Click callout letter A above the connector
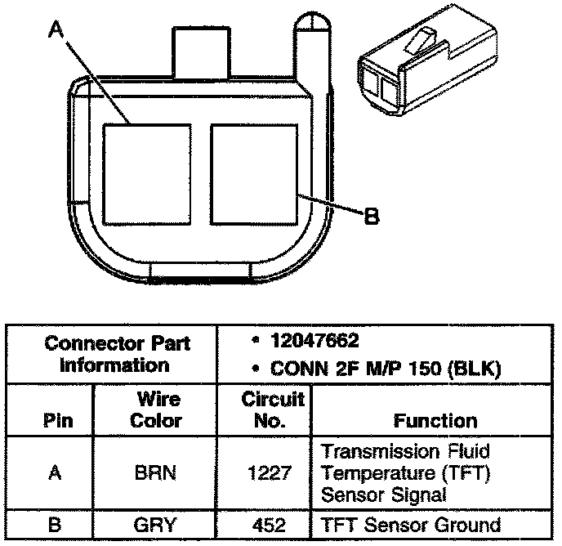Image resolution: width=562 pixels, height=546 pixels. point(56,30)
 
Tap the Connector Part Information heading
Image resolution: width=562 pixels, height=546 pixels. point(117,353)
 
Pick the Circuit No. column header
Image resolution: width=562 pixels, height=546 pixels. point(273,411)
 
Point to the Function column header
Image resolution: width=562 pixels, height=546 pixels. point(435,421)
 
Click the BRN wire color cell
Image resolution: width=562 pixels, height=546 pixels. point(155,473)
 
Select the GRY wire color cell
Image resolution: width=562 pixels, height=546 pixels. point(155,524)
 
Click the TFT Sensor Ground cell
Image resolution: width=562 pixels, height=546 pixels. point(409,524)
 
